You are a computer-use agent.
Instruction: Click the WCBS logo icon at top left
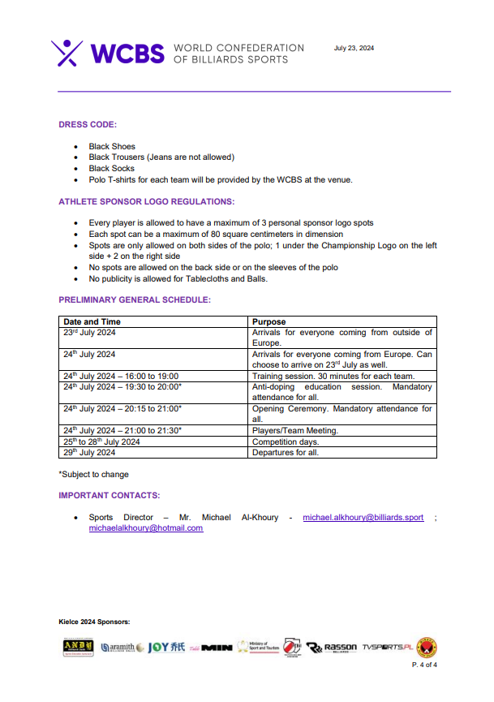(x=67, y=53)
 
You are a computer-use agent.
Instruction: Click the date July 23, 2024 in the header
(x=354, y=49)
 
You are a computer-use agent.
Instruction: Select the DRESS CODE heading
(x=88, y=124)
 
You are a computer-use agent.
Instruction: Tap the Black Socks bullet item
(x=112, y=169)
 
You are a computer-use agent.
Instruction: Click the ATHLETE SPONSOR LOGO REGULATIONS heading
(x=147, y=200)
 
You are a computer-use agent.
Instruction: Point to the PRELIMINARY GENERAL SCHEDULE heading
(x=135, y=299)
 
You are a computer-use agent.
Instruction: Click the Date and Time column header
(x=92, y=322)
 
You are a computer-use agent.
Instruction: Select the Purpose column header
(x=269, y=322)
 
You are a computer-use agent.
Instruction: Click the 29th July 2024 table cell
(x=89, y=453)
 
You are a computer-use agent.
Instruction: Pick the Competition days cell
(x=286, y=441)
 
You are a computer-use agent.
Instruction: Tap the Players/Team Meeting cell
(x=295, y=430)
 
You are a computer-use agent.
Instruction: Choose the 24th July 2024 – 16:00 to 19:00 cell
(x=121, y=377)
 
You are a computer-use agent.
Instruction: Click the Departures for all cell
(x=286, y=453)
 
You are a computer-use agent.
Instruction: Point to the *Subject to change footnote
(x=93, y=475)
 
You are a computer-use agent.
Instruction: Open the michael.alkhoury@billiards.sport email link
(x=363, y=517)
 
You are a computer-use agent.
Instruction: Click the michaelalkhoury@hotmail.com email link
(x=146, y=528)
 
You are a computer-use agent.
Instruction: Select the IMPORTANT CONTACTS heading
(x=109, y=495)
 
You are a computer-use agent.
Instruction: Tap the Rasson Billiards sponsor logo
(x=333, y=648)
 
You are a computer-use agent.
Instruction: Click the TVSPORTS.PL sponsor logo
(x=389, y=648)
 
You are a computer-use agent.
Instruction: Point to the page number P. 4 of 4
(x=425, y=665)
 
